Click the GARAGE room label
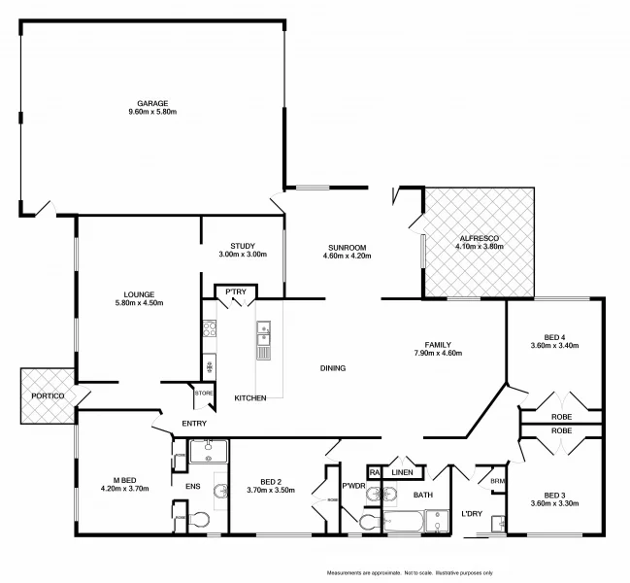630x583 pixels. click(152, 103)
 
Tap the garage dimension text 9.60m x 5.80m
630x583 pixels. click(152, 113)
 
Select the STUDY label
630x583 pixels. click(242, 246)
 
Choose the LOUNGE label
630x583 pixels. click(139, 293)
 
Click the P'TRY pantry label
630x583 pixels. click(235, 291)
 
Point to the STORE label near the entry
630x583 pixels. click(203, 393)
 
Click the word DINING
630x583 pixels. click(333, 367)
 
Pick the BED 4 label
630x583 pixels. click(554, 336)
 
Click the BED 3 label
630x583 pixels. click(554, 494)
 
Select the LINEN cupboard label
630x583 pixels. click(403, 473)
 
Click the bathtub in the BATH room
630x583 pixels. click(406, 525)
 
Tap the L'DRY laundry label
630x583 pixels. click(472, 514)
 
